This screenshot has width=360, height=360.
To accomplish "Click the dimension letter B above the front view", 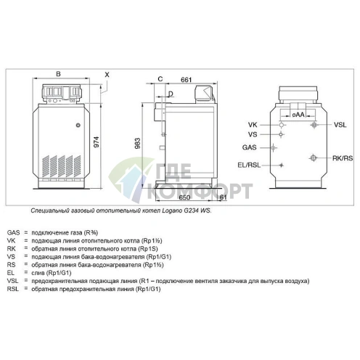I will coord(58,74).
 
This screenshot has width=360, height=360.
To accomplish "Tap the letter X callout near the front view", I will coord(107,74).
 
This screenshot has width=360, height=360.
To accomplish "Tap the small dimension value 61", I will coord(223,197).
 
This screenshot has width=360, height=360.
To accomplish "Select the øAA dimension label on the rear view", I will coord(298,115).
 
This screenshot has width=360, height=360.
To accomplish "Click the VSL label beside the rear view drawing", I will coord(340,125).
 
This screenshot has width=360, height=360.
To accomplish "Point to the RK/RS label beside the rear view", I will coord(342,157).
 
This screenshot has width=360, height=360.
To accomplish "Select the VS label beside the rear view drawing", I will coord(252,134).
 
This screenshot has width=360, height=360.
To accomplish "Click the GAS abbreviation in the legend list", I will coord(14,232).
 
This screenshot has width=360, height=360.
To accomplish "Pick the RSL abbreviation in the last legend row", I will coord(13,290).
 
